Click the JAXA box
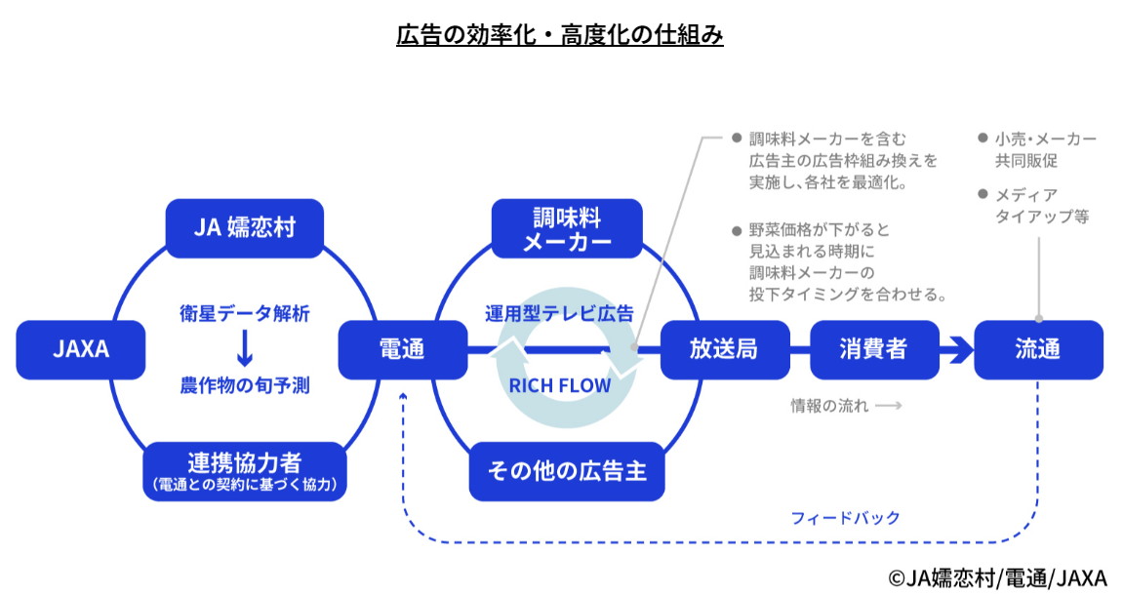pos(81,349)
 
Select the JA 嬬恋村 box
pos(244,228)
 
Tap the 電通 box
pos(402,349)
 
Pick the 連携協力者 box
pos(245,471)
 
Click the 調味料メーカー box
pos(567,228)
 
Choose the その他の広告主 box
pos(567,471)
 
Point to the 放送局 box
pos(724,349)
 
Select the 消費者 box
pos(873,349)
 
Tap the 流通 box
pos(1038,349)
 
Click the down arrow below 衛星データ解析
pos(244,348)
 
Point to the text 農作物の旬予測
pos(244,385)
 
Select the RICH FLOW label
pos(560,385)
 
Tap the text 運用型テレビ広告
pos(560,314)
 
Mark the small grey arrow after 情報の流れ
pos(888,406)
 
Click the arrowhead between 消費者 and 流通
pos(960,349)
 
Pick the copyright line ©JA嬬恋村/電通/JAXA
pos(997,577)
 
